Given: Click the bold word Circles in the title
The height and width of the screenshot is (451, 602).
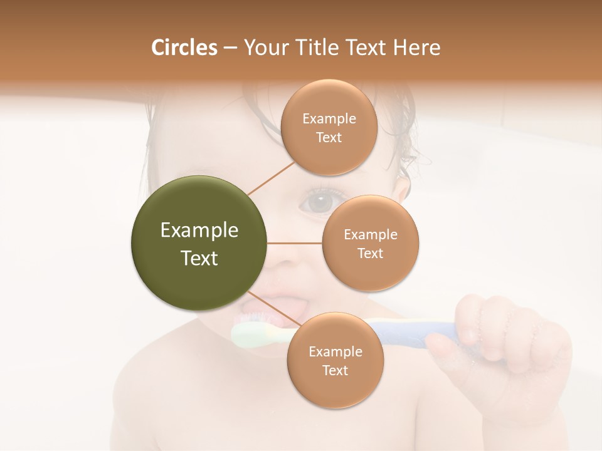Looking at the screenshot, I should [184, 48].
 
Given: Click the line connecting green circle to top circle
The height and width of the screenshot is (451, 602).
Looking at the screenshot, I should [272, 178].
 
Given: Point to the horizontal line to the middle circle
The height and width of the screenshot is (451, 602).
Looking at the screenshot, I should [295, 243].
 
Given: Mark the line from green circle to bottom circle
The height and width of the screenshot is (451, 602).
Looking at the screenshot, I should [273, 309].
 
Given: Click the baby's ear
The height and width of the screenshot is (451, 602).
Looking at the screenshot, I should [403, 188].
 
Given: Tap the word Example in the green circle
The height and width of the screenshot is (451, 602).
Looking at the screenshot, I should [199, 231].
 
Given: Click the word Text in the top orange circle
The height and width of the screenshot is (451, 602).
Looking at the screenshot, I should [329, 137].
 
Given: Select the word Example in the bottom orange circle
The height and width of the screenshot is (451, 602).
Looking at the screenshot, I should [335, 351].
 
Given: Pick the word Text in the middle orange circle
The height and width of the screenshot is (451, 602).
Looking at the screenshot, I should [370, 253].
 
